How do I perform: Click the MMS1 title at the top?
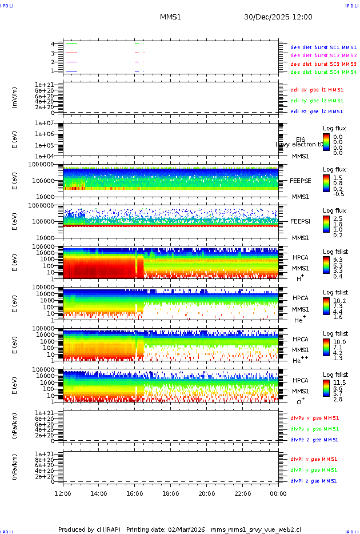coord(170,17)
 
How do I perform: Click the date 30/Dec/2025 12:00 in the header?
coord(278,17)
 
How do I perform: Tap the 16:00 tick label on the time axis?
coord(135,493)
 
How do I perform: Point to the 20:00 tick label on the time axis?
coord(207,493)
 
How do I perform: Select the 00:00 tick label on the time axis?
coord(278,493)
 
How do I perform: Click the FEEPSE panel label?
coord(300,180)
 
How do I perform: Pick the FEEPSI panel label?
coord(300,221)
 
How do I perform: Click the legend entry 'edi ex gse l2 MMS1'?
coord(317,90)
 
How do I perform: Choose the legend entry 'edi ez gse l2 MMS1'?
coord(317,111)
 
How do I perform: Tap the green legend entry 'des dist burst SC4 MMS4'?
coord(323,73)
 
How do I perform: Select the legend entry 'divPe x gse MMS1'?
coord(314,418)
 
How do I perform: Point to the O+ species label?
coord(301,401)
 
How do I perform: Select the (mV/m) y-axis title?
coord(15,98)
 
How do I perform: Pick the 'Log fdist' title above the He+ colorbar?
coord(335,292)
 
